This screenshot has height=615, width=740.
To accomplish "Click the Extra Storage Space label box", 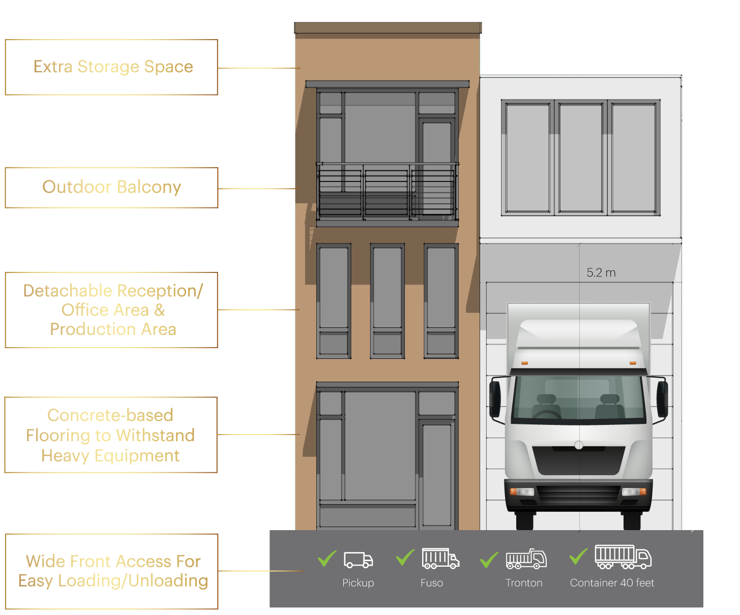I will pos(111,67).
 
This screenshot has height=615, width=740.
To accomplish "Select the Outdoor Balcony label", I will pos(111,188).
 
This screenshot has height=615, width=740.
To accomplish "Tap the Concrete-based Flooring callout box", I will pos(111,435).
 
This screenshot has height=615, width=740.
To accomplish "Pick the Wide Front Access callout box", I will pos(112,571).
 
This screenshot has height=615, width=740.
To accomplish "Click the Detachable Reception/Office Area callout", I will pos(111,310).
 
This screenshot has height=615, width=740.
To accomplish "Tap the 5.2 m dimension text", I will pos(601,273).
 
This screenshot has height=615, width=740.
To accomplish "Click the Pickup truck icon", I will pos(358,560).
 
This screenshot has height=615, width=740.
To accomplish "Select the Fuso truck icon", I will pos(440,559).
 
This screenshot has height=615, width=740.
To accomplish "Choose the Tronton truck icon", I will pos(526,559).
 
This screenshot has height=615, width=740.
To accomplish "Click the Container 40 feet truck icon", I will pos(623,557).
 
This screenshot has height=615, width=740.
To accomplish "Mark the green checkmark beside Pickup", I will pos(327,558).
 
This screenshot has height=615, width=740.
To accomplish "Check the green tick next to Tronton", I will pos(489,560).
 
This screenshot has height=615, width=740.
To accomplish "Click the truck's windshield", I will pos(579,399).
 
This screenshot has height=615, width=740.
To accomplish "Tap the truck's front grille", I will pos(579,494).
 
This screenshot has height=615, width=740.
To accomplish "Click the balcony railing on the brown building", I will pos(387,192).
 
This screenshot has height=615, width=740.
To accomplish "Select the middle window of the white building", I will pos(580,158).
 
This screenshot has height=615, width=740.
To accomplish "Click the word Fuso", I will pos(431,583).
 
